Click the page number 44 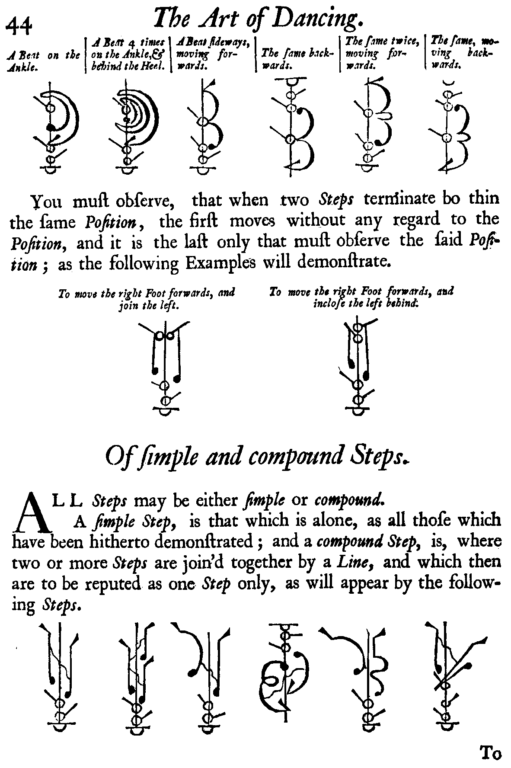point(19,26)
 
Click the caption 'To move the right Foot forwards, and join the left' point(147,299)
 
